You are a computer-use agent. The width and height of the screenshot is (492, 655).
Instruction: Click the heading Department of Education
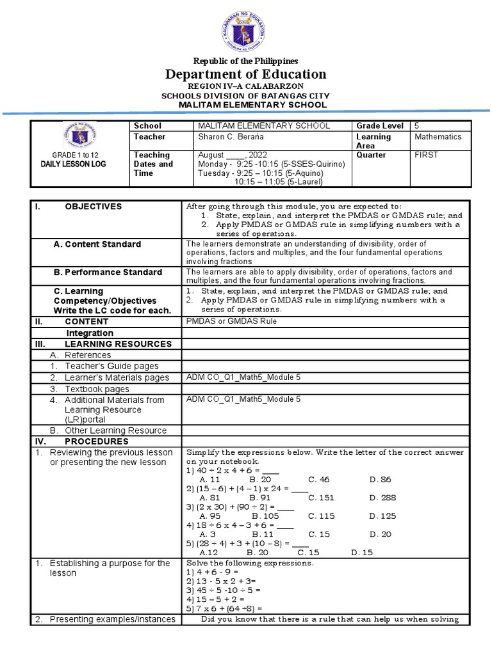(x=246, y=74)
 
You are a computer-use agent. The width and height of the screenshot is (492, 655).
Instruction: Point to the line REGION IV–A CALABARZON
(x=246, y=86)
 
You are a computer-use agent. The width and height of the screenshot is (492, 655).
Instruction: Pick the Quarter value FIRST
(x=426, y=155)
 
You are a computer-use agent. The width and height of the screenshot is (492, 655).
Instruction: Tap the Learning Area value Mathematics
(x=438, y=137)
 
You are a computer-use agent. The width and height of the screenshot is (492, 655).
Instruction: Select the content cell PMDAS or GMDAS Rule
(x=231, y=321)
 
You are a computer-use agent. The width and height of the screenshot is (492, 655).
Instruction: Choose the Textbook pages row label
(x=97, y=389)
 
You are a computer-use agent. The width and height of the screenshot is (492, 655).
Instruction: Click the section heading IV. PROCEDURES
(x=96, y=441)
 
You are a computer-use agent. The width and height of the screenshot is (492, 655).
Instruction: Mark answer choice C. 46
(x=318, y=478)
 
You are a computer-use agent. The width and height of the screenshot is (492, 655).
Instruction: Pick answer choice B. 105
(x=266, y=516)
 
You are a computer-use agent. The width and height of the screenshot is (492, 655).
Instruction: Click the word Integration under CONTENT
(x=90, y=333)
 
